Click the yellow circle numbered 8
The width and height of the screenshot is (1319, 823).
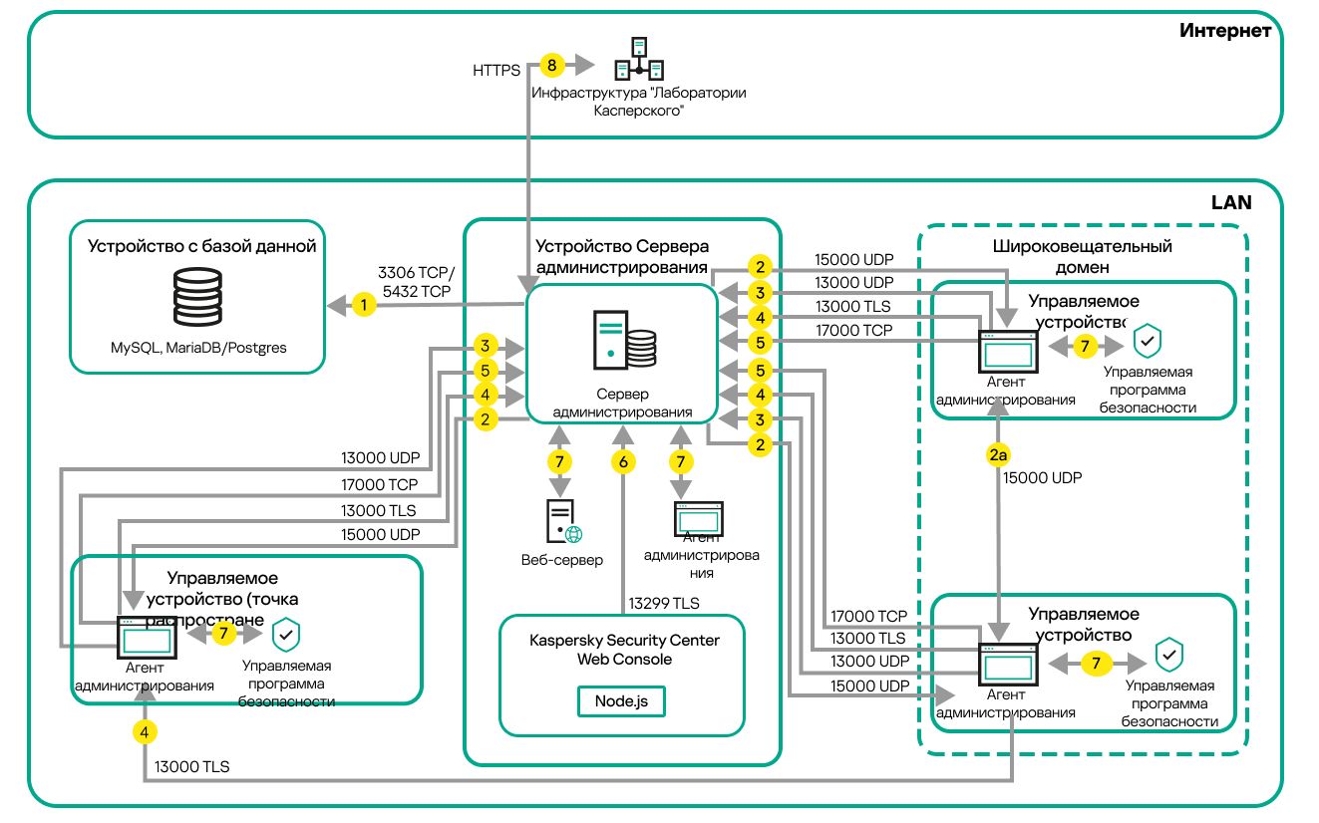pyautogui.click(x=551, y=66)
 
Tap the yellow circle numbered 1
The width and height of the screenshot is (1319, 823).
pyautogui.click(x=365, y=305)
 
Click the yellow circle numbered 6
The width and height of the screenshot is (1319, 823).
pyautogui.click(x=624, y=461)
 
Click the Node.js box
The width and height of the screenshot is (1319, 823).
pyautogui.click(x=621, y=700)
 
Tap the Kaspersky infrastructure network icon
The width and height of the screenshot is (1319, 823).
pyautogui.click(x=639, y=59)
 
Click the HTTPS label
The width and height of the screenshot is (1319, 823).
pyautogui.click(x=496, y=71)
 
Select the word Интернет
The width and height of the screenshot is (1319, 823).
pyautogui.click(x=1225, y=31)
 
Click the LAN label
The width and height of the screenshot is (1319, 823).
pyautogui.click(x=1231, y=202)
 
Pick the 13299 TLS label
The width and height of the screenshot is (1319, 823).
pyautogui.click(x=664, y=604)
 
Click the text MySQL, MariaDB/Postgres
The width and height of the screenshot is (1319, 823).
pyautogui.click(x=198, y=348)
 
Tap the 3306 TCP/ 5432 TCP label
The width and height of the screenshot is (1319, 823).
pyautogui.click(x=416, y=281)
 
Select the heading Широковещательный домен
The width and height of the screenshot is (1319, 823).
pyautogui.click(x=1083, y=256)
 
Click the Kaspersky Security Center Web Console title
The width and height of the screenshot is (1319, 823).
pyautogui.click(x=624, y=650)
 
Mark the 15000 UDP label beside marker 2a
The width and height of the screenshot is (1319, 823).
pyautogui.click(x=1042, y=478)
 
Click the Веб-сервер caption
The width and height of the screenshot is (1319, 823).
pyautogui.click(x=562, y=560)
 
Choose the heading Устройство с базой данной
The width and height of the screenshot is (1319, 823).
pyautogui.click(x=202, y=246)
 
